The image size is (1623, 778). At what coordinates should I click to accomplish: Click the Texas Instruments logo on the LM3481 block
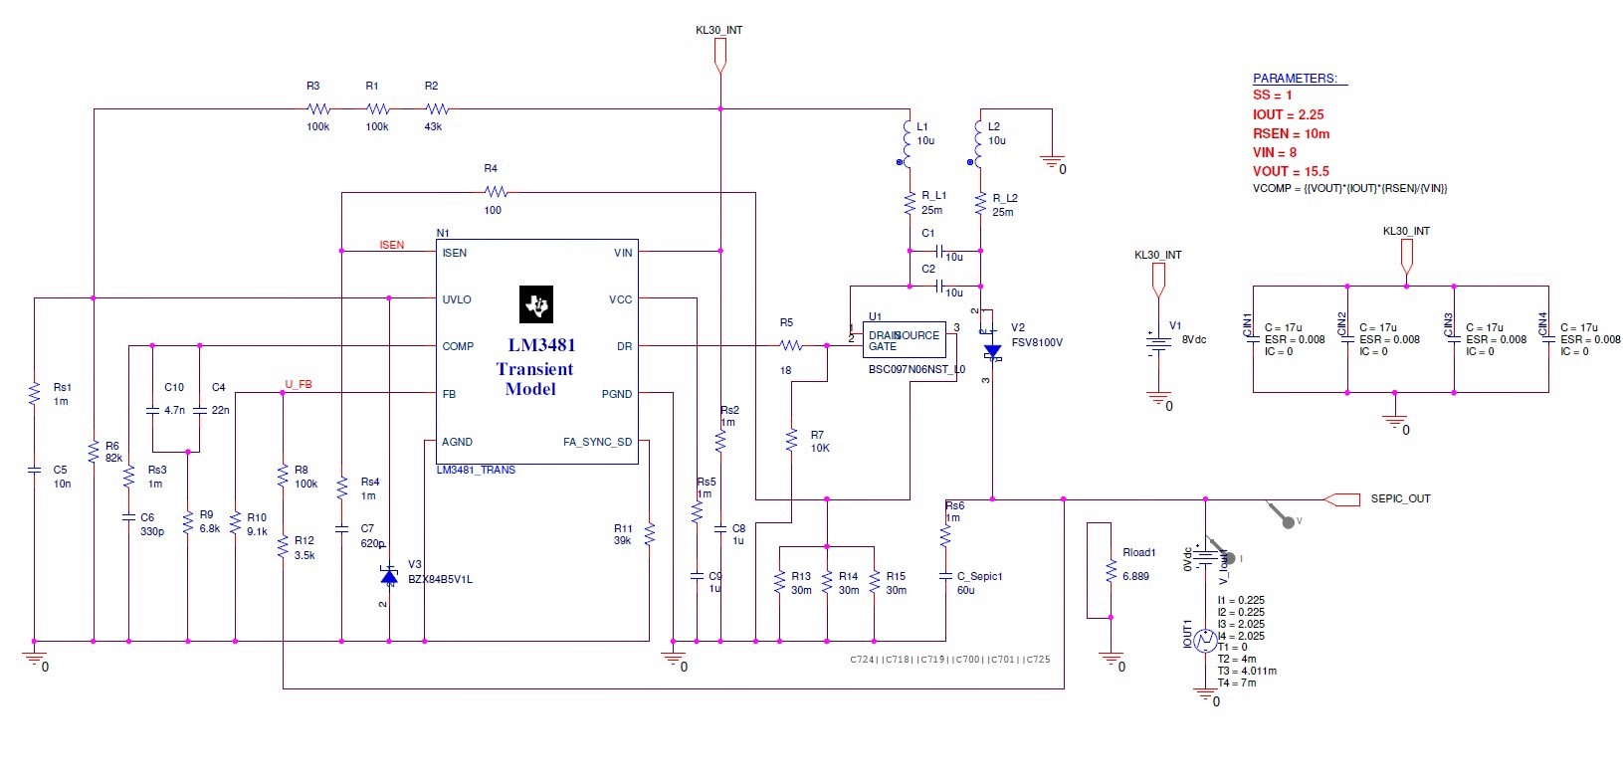click(536, 304)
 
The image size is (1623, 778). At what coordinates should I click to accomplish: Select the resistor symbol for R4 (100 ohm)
click(495, 191)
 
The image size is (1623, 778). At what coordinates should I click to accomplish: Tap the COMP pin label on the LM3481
click(458, 346)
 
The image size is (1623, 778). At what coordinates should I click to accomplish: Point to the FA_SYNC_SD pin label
click(597, 442)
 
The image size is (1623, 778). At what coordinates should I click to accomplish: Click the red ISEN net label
click(392, 245)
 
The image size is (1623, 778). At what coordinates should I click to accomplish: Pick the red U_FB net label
click(299, 384)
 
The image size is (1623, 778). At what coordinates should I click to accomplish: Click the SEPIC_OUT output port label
click(1400, 498)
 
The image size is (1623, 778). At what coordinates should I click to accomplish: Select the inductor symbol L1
click(907, 141)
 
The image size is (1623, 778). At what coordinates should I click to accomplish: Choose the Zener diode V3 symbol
click(389, 576)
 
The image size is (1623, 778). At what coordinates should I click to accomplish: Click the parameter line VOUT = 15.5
click(1291, 171)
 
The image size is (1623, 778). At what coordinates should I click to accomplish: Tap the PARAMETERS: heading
click(1295, 78)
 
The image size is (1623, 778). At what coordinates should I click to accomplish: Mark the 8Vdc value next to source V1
click(1193, 339)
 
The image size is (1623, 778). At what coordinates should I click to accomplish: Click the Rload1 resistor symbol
click(1112, 571)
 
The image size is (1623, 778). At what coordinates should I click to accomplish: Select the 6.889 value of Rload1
click(1135, 576)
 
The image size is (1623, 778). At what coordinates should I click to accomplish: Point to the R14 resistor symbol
click(827, 583)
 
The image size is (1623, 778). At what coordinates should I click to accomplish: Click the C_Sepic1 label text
click(979, 576)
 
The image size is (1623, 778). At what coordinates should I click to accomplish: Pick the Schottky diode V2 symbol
click(992, 351)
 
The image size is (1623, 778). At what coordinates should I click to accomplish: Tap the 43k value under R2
click(433, 126)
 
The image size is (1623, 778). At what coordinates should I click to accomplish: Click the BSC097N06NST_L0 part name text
click(916, 369)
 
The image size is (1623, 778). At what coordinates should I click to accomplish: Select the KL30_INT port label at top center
click(718, 30)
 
